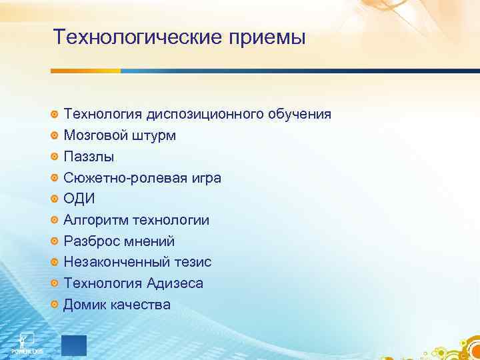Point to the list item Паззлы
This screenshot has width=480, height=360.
pos(89,157)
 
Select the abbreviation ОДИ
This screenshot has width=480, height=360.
pos(79,199)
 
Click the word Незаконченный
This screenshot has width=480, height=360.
pos(114,263)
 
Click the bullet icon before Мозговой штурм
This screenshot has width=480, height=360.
pos(55,136)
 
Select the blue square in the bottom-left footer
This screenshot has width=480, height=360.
pos(74,345)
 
